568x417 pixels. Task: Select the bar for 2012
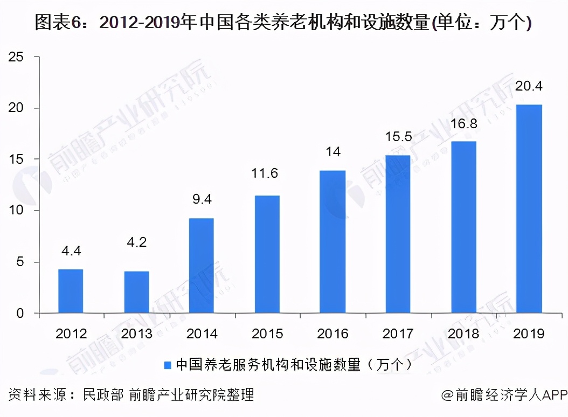[x=71, y=291]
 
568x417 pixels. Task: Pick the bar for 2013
[x=136, y=292]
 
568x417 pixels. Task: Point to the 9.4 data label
[x=202, y=199]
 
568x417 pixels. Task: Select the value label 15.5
[x=398, y=137]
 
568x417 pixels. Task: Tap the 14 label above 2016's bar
[x=333, y=151]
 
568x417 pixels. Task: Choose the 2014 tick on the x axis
[x=202, y=334]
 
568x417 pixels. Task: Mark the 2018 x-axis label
[x=463, y=334]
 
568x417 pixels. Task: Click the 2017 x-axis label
[x=398, y=334]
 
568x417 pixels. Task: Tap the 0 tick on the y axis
[x=20, y=314]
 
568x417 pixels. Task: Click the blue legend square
[x=168, y=365]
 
